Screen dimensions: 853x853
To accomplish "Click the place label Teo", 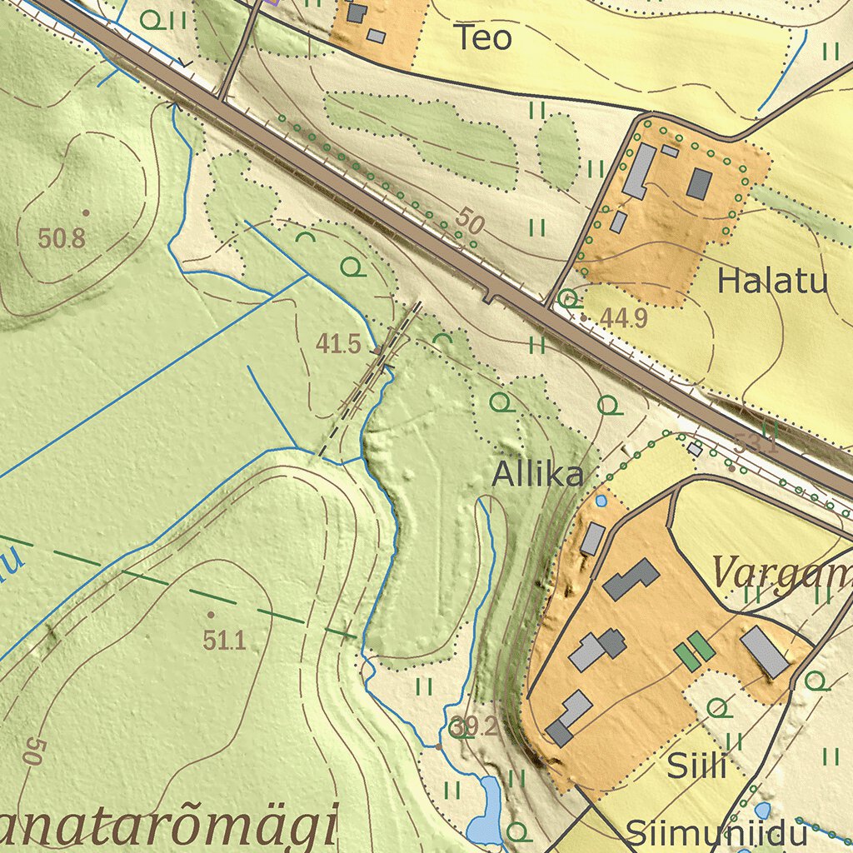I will click(x=483, y=37).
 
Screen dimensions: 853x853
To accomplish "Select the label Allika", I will click(x=537, y=475).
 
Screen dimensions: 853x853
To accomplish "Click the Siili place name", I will click(x=697, y=766).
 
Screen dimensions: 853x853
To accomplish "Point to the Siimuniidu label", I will click(x=716, y=834).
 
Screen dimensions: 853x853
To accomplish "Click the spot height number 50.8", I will click(x=62, y=239).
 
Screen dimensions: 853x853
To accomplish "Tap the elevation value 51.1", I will click(x=224, y=640).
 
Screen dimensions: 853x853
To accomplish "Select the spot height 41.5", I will click(x=338, y=343).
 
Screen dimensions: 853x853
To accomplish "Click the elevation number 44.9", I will click(x=624, y=317).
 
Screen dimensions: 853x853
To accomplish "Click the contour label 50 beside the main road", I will click(x=470, y=222).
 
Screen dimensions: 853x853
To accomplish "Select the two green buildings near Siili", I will click(x=694, y=651).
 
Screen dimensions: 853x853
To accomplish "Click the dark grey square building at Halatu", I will click(x=699, y=183).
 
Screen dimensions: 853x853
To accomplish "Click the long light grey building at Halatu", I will click(x=638, y=170).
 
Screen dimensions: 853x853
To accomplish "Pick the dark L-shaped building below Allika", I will click(x=631, y=579).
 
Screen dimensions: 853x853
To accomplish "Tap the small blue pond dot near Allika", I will click(x=601, y=501).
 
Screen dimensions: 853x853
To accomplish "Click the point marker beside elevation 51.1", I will click(x=209, y=614).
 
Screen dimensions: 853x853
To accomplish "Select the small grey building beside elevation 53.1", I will click(x=696, y=449).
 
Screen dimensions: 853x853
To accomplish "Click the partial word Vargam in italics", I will click(x=781, y=573).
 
